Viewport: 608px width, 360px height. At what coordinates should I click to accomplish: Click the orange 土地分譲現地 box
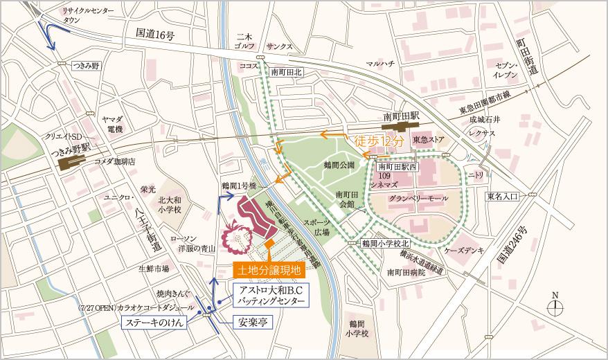268,269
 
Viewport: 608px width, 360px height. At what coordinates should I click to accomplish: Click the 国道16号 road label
156,33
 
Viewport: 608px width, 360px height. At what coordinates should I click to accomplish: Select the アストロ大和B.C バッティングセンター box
267,294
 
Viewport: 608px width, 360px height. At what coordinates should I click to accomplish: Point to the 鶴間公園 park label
339,165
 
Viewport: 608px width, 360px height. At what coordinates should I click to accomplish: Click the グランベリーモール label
415,197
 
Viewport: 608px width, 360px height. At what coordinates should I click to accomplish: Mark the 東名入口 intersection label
502,197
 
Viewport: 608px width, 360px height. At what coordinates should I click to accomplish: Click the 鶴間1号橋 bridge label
239,187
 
